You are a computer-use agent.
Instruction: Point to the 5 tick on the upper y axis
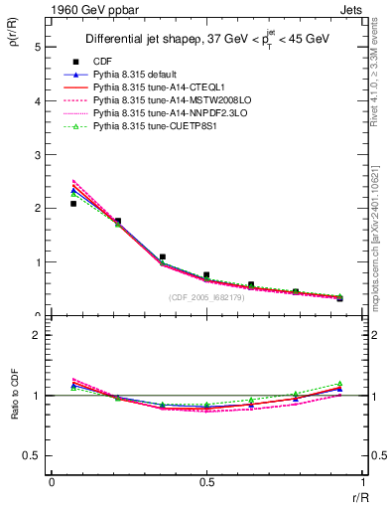coord(37,47)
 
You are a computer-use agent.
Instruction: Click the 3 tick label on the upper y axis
coord(37,154)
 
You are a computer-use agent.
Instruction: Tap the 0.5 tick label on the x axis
coord(206,481)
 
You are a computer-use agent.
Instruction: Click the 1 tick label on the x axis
coord(361,481)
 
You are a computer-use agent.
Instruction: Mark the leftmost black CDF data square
coord(73,204)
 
